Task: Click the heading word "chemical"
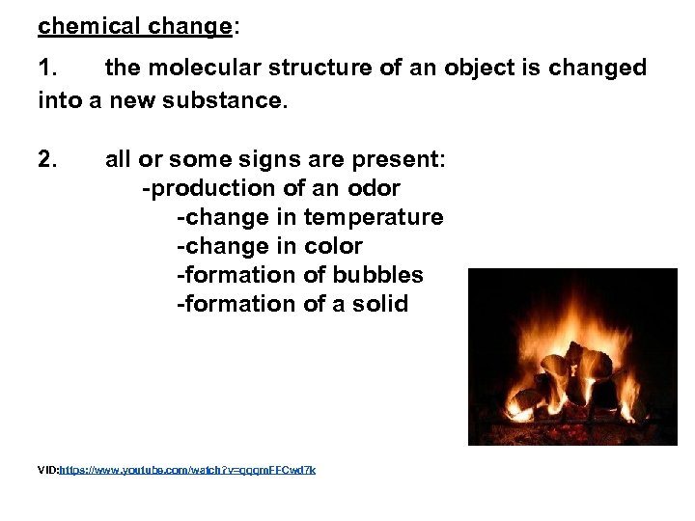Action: (x=90, y=26)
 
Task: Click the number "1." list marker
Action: (x=49, y=69)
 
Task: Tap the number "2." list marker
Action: (x=49, y=159)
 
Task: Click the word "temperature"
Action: (x=374, y=217)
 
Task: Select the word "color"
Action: (x=333, y=246)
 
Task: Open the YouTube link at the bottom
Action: (x=187, y=470)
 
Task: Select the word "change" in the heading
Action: (x=190, y=26)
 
